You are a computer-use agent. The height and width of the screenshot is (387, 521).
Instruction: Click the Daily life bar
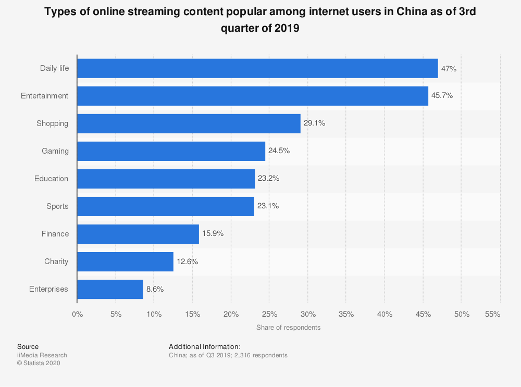click(257, 68)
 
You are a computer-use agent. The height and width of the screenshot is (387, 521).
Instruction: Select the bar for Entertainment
click(253, 96)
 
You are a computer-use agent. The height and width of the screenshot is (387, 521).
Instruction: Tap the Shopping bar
click(189, 123)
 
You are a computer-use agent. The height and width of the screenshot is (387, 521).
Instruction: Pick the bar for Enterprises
click(110, 289)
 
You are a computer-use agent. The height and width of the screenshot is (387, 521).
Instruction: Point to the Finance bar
click(138, 234)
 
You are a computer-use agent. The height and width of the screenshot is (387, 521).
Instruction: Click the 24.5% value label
click(279, 151)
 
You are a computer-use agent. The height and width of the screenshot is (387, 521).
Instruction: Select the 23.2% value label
click(268, 179)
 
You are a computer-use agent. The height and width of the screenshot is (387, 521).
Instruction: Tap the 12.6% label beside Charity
click(187, 261)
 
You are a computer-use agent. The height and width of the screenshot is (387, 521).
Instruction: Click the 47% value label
click(449, 68)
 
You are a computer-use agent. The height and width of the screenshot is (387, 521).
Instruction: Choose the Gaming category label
click(55, 151)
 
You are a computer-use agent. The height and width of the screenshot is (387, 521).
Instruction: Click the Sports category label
click(57, 206)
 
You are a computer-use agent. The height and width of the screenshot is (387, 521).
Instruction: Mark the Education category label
click(52, 179)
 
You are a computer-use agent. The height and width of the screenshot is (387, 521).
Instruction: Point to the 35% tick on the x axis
click(346, 314)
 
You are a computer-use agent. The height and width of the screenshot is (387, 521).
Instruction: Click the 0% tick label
click(77, 314)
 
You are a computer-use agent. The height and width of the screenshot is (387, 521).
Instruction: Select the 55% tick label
click(492, 314)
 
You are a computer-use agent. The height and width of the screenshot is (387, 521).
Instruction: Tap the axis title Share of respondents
click(288, 328)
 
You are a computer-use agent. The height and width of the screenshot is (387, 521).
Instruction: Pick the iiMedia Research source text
click(42, 355)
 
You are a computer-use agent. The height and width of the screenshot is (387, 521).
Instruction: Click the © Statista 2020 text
click(39, 364)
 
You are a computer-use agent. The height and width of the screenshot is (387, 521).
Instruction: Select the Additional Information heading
click(205, 346)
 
